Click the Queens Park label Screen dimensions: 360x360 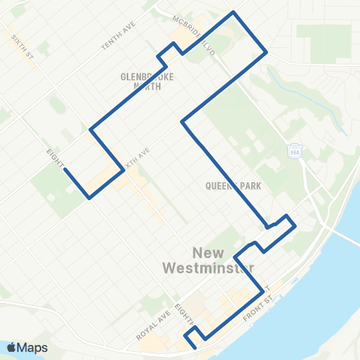[236, 186]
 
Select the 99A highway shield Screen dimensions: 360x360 [295, 148]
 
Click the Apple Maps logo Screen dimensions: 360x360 [27, 346]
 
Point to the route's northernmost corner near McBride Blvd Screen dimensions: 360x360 [234, 13]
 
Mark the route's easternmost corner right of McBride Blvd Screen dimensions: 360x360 [267, 52]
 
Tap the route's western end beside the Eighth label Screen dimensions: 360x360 [64, 169]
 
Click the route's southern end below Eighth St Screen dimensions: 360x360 [193, 347]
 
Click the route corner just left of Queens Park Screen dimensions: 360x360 [182, 120]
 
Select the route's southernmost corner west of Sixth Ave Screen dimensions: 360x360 [90, 198]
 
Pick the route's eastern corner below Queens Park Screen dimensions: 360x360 [295, 225]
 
